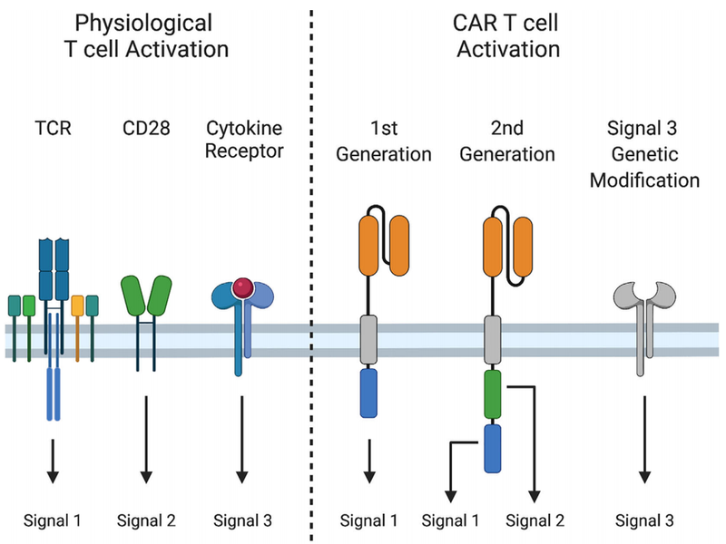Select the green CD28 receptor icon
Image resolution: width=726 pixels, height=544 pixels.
[145, 296]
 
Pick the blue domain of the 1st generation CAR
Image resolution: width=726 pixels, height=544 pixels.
[368, 392]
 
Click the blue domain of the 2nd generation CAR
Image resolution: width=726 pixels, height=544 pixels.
[494, 447]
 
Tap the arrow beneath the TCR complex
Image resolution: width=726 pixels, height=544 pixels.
[53, 459]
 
